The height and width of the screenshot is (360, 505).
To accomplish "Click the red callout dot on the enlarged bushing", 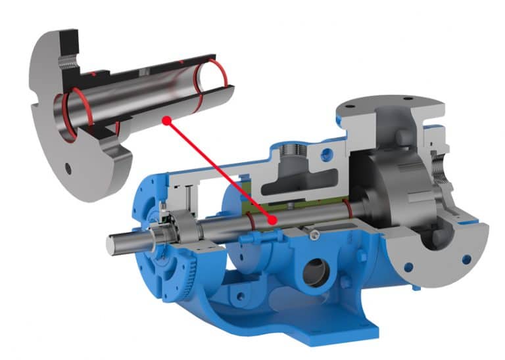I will (x=167, y=120).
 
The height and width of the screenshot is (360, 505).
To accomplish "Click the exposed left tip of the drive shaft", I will (x=112, y=244).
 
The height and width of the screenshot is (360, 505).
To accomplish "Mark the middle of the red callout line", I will (x=219, y=171).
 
